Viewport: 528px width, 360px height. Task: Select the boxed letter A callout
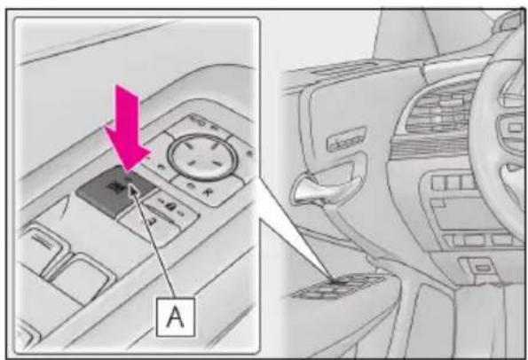(x=176, y=317)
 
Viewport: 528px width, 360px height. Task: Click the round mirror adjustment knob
(x=202, y=157)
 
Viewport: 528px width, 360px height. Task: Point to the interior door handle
(x=323, y=187)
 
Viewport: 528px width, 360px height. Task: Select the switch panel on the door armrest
(x=336, y=286)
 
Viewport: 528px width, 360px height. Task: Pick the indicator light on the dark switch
(x=128, y=180)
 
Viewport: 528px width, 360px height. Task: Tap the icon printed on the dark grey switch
(x=114, y=187)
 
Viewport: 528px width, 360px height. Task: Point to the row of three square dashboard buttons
(x=453, y=182)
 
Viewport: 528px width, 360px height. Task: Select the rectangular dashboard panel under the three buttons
(x=465, y=215)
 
